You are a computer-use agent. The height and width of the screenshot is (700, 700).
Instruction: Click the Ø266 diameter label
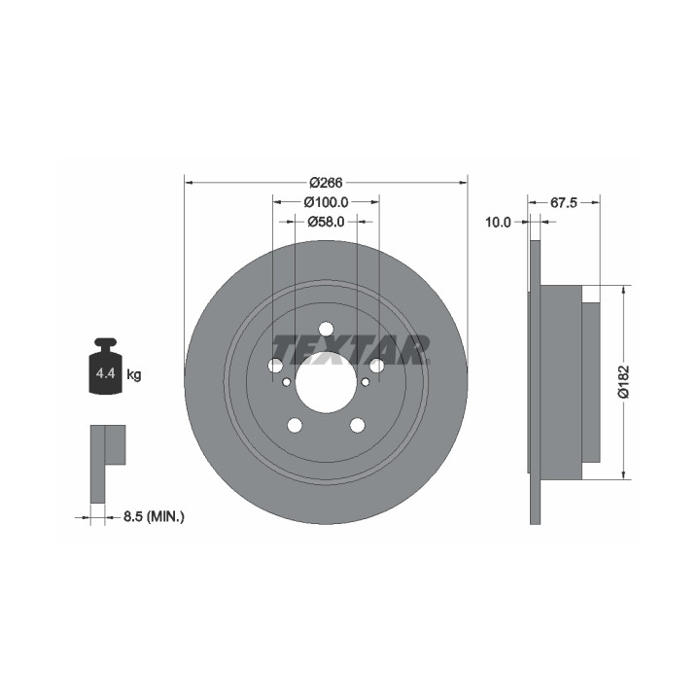[x=326, y=183]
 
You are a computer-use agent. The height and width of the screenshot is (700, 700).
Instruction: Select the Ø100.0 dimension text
[x=326, y=202]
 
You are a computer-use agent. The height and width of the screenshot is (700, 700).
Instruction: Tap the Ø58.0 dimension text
[x=326, y=222]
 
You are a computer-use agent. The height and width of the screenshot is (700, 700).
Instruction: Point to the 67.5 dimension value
[x=564, y=202]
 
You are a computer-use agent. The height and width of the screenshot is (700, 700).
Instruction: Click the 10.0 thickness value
[x=498, y=222]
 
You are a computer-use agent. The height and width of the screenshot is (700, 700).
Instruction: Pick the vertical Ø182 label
[x=623, y=382]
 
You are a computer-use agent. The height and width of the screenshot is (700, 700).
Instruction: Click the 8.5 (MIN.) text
[x=154, y=517]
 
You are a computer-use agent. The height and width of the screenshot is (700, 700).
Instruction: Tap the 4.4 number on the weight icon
[x=106, y=373]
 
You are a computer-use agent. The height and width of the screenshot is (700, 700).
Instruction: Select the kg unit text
[x=134, y=374]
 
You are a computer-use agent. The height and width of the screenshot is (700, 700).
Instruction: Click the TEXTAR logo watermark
[x=351, y=350]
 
